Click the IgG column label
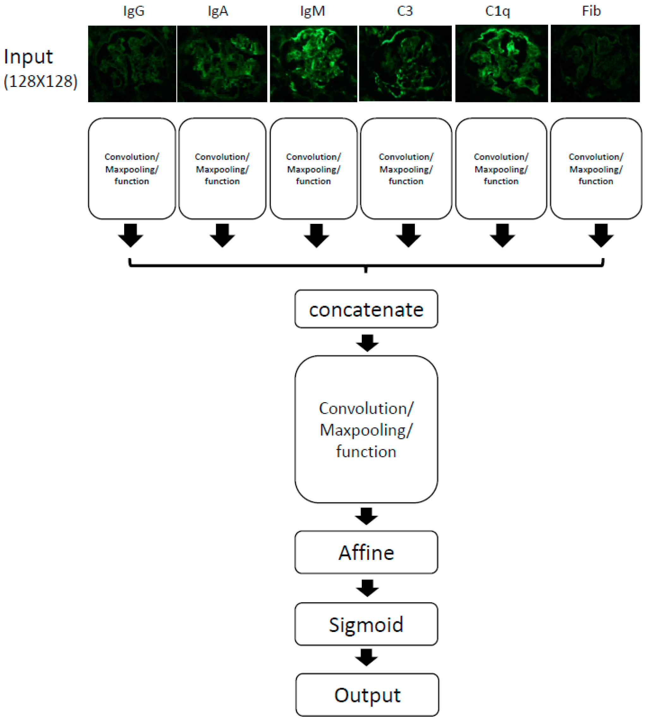click(134, 11)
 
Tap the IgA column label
click(218, 11)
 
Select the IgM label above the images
click(312, 11)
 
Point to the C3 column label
click(405, 11)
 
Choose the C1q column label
click(497, 11)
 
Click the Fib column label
click(591, 11)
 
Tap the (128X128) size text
click(40, 81)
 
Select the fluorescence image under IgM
click(313, 64)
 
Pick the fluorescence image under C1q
click(501, 64)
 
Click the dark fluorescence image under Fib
click(595, 64)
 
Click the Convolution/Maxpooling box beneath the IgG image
click(132, 169)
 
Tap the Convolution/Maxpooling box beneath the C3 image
click(406, 169)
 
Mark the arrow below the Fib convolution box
click(601, 235)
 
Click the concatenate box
click(366, 309)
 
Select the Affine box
click(366, 552)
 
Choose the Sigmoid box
click(366, 624)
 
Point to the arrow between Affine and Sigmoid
click(367, 588)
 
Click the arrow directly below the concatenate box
click(367, 343)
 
